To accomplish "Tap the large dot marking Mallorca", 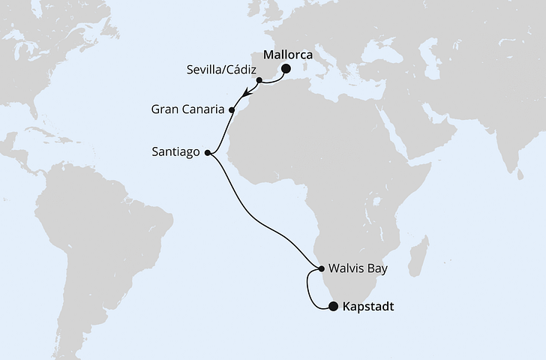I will point(286,70).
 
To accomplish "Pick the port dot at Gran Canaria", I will point(232,110).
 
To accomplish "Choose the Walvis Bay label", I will point(356,268).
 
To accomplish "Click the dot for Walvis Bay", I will point(321,268).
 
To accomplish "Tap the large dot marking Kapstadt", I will point(333,306).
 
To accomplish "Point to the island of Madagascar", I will point(420,255).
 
